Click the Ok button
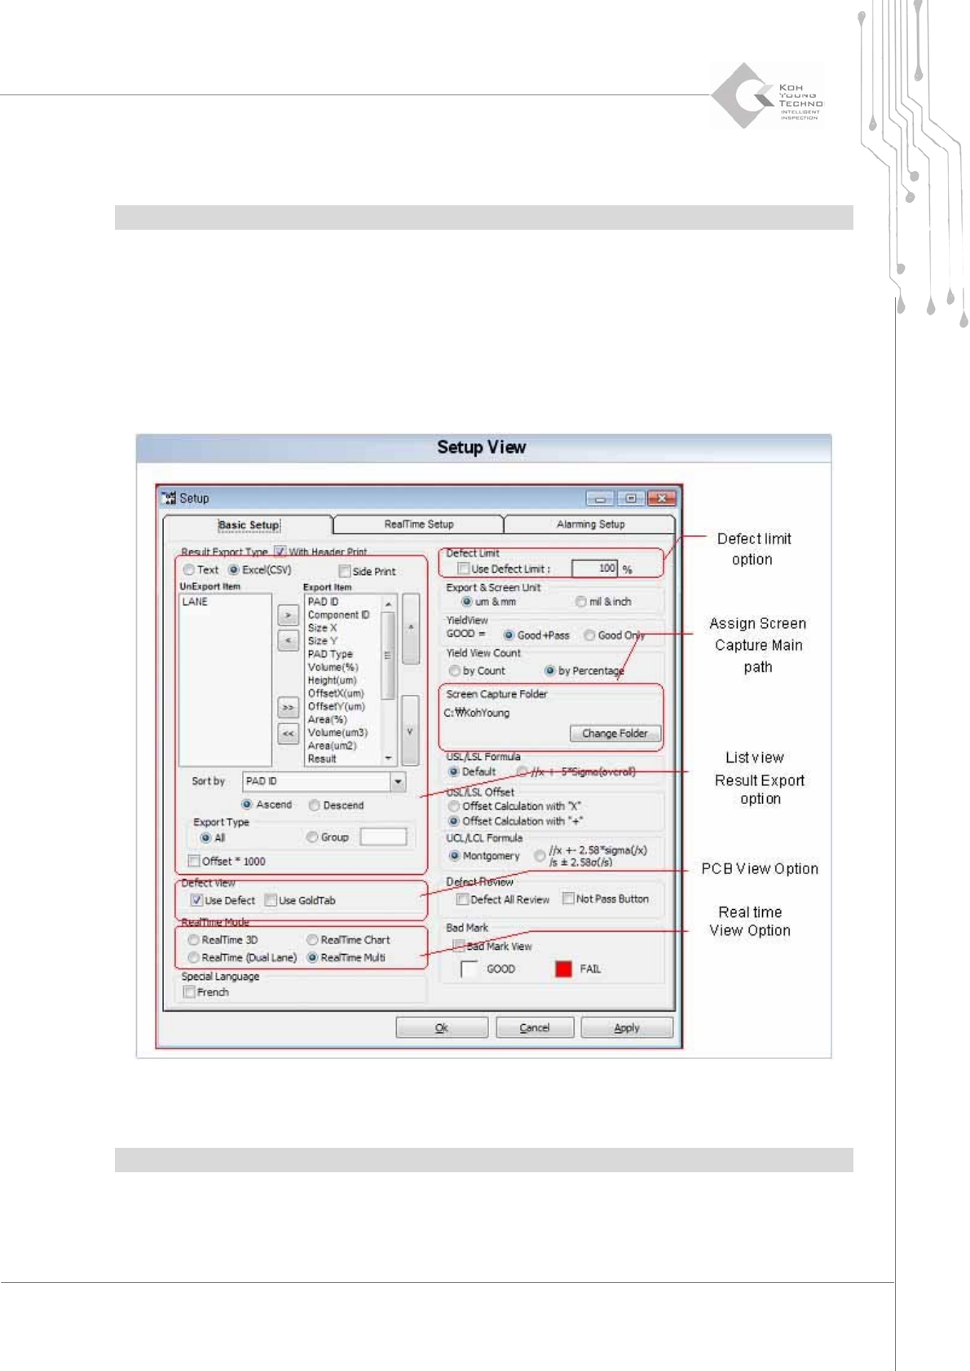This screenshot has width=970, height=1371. coord(441,1027)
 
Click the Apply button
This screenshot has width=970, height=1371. coord(626,1027)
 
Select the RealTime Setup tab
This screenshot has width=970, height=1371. coord(418,525)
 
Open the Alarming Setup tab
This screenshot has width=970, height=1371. coord(590,525)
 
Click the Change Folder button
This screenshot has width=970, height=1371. coord(615,733)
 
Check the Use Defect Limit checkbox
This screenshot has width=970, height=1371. coord(464,569)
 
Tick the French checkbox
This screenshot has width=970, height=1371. coord(190,992)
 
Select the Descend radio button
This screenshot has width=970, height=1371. coord(315,805)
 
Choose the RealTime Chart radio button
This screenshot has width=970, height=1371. coord(312,940)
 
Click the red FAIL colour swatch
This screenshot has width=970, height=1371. coord(563,969)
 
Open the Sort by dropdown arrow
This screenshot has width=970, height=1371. coord(398,781)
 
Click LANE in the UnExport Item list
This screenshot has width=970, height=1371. coord(195,602)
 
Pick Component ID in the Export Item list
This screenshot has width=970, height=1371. coord(338,615)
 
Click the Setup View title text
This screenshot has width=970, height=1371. coord(481,447)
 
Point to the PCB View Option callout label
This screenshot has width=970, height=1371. coord(759,868)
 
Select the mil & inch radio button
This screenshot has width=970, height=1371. coord(581,602)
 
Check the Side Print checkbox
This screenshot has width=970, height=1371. coord(345,571)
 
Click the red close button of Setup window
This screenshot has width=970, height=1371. coord(662,498)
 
